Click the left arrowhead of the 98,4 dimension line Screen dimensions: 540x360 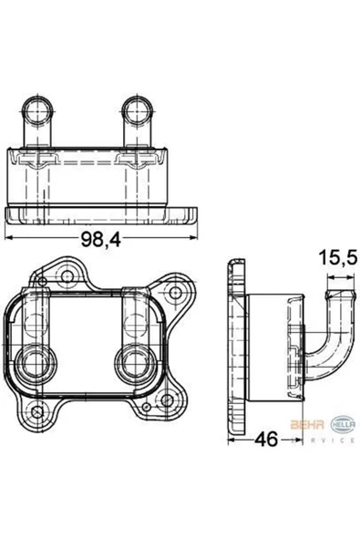point(11,235)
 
